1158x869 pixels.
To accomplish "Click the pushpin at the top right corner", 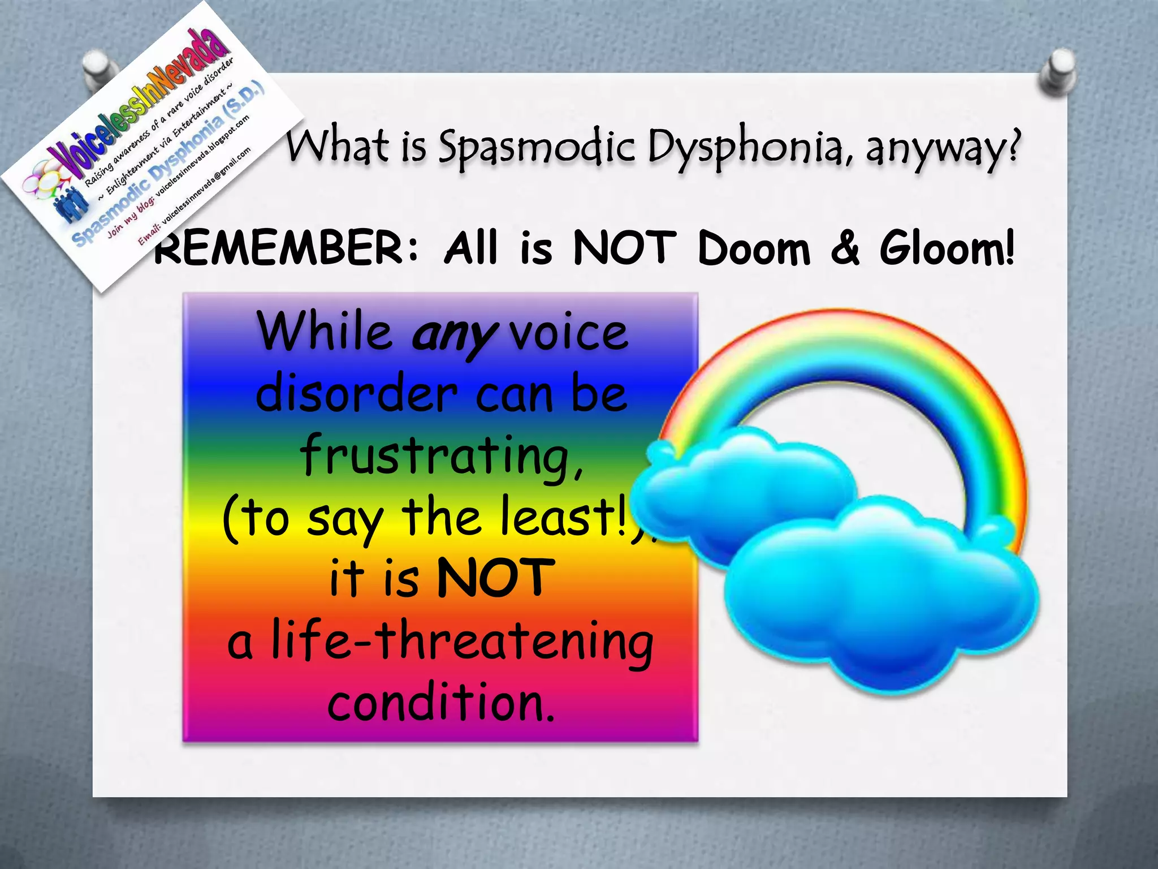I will pyautogui.click(x=1057, y=72).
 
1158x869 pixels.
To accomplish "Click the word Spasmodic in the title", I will pyautogui.click(x=537, y=147).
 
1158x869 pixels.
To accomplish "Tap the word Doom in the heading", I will pyautogui.click(x=754, y=249).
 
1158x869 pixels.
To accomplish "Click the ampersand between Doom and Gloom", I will pyautogui.click(x=845, y=249).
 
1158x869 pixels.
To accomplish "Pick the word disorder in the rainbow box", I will pyautogui.click(x=356, y=394).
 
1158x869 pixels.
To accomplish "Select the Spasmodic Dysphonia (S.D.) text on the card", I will pyautogui.click(x=170, y=164).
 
